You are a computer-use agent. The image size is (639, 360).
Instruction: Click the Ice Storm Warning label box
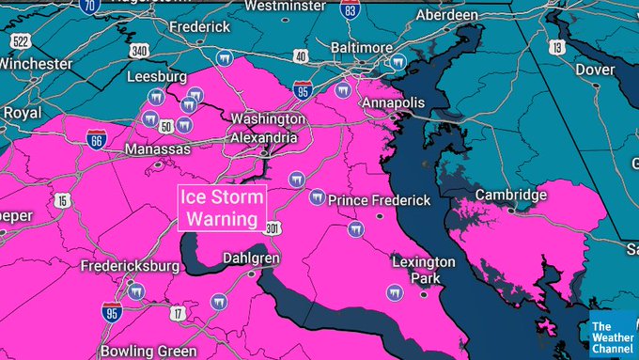222,209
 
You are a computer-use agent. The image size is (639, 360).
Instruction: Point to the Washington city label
268,119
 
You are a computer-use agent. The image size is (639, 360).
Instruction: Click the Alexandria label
265,137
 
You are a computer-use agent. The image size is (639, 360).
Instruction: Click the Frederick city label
199,27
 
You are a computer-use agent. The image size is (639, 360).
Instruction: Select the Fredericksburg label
130,266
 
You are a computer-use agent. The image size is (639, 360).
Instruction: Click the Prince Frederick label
380,200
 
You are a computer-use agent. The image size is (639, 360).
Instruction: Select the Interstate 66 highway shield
96,138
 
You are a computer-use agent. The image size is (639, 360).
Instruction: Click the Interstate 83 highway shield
351,10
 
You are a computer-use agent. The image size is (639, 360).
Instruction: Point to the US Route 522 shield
21,43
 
